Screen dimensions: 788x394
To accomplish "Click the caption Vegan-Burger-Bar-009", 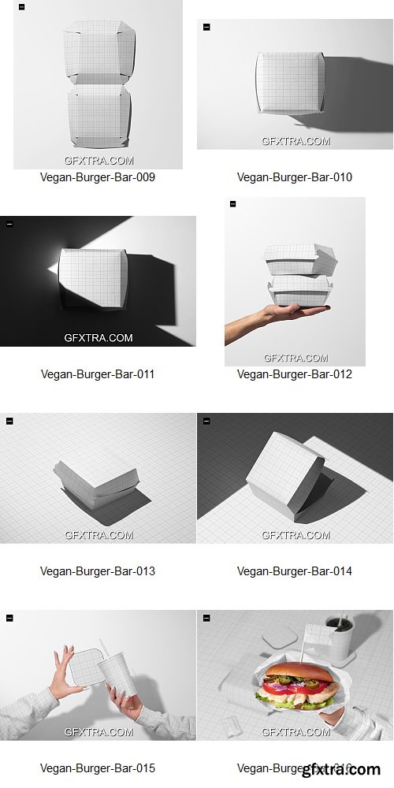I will pyautogui.click(x=98, y=177).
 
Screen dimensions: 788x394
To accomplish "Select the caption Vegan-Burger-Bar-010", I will pyautogui.click(x=295, y=177).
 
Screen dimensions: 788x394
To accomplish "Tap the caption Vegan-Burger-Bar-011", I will pyautogui.click(x=98, y=374).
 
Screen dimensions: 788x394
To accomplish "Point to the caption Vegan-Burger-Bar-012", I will pyautogui.click(x=295, y=374).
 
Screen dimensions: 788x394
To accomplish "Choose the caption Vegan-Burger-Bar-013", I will pyautogui.click(x=98, y=571).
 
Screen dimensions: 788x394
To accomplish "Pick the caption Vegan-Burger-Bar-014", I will pyautogui.click(x=295, y=571).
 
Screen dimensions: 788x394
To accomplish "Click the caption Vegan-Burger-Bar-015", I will pyautogui.click(x=98, y=768).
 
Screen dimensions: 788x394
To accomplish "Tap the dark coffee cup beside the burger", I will pyautogui.click(x=341, y=637).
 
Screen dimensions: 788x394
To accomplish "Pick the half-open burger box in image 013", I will pyautogui.click(x=95, y=481).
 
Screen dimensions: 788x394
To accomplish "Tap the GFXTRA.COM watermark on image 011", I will pyautogui.click(x=98, y=338).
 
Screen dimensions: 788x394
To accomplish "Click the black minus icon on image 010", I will pyautogui.click(x=206, y=27).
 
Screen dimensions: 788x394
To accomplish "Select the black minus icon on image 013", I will pyautogui.click(x=9, y=421).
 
